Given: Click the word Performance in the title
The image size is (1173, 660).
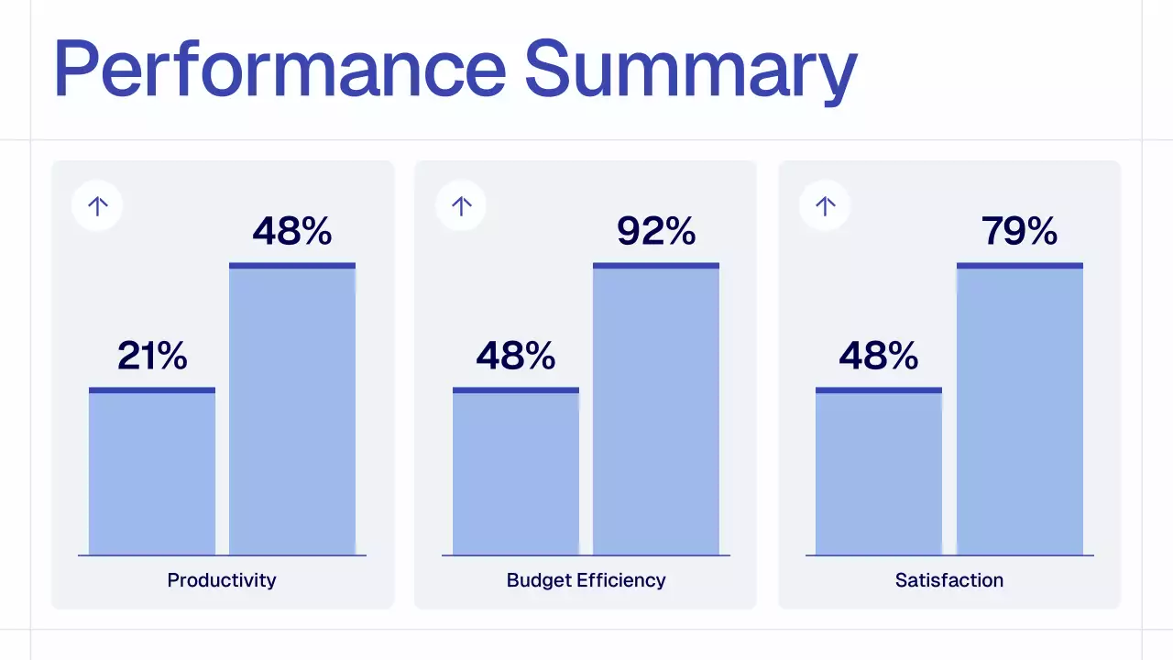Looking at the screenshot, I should [x=279, y=69].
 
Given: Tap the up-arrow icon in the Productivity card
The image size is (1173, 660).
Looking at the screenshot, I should [x=97, y=206].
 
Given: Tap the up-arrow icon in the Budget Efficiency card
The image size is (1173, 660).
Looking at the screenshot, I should [x=462, y=206].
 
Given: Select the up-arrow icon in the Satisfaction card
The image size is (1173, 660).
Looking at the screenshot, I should [x=826, y=206].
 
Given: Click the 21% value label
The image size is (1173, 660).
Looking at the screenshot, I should [x=152, y=356].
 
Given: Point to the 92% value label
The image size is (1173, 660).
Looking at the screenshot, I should [x=656, y=231].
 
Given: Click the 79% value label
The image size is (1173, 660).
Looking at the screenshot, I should [x=1019, y=231].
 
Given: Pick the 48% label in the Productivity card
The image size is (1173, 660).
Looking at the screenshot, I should [x=292, y=231].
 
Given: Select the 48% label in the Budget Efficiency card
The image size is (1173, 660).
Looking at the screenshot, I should [x=516, y=356].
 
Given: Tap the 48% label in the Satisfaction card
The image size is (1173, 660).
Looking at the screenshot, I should [x=879, y=356].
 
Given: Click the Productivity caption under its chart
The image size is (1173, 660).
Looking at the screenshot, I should [x=222, y=580].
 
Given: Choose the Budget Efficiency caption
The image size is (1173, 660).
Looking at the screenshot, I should [x=586, y=580].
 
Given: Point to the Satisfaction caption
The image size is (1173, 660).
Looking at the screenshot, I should [x=949, y=580].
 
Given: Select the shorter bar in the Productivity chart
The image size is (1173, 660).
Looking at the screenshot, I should [x=152, y=472].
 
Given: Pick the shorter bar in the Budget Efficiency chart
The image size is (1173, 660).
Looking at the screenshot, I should [x=516, y=472].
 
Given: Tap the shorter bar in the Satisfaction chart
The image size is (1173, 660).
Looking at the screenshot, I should [x=879, y=472].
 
